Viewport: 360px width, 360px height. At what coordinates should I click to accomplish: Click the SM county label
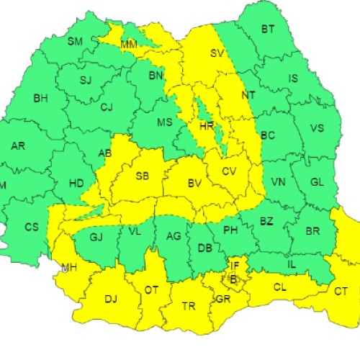pos(75,41)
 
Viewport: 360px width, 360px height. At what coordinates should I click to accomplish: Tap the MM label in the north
pos(129,45)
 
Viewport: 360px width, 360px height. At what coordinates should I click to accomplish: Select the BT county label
pos(268,30)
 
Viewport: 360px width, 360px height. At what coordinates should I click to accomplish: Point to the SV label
pos(217,53)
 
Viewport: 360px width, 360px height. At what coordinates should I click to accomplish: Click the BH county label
pos(40,99)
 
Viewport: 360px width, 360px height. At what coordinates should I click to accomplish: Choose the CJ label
pos(107,107)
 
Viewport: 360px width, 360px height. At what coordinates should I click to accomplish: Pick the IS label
pos(293,78)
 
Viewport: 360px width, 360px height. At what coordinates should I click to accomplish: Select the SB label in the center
pos(142,176)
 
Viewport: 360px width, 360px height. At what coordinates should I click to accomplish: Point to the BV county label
pos(194,184)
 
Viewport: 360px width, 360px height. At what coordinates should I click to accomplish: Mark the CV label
pos(229,171)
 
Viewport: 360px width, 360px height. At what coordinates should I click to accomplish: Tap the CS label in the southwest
pos(32,227)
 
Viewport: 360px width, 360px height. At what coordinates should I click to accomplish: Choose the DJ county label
pos(112,298)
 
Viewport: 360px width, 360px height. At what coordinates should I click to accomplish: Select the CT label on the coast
pos(341,291)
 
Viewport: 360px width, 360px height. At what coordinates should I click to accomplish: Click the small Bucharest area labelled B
pos(233,278)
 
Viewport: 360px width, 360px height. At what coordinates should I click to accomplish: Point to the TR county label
pos(189,306)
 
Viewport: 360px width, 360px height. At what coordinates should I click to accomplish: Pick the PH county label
pos(230,230)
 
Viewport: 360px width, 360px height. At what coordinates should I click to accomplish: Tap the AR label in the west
pos(18,146)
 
